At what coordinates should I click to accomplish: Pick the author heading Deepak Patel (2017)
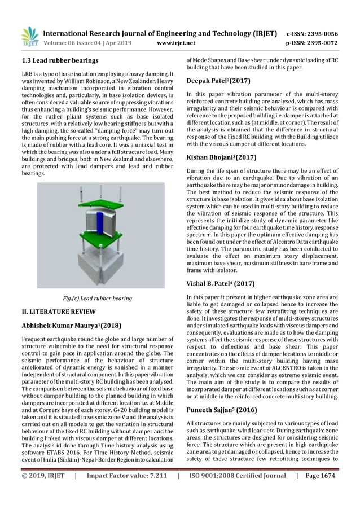pos(218,81)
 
